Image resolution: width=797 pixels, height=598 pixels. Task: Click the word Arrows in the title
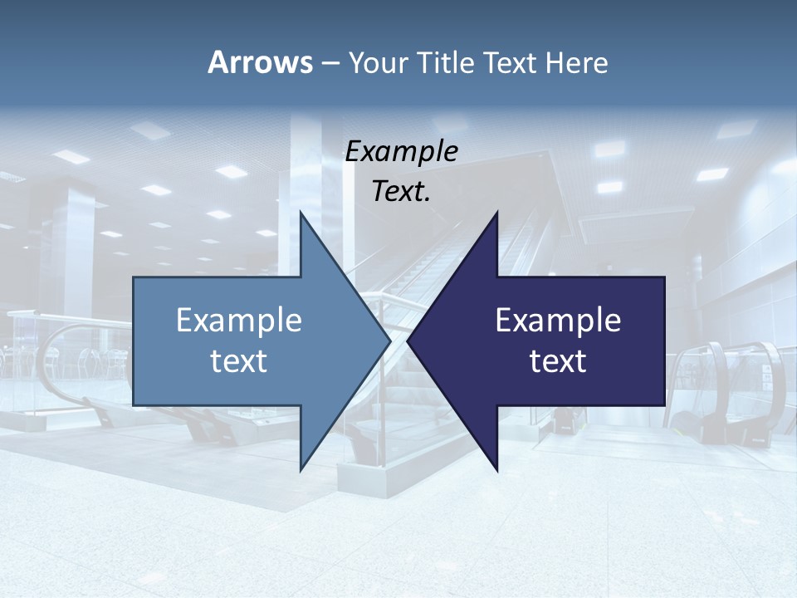coord(260,62)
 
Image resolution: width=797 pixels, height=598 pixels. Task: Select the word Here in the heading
coord(576,62)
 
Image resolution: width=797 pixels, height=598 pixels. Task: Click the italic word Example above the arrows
coord(401,152)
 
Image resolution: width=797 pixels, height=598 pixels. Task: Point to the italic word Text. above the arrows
coord(401,192)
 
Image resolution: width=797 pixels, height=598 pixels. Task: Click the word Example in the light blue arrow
coord(239,321)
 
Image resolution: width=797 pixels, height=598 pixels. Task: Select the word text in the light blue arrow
coord(239,361)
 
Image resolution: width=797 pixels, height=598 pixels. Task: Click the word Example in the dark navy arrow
coord(558,321)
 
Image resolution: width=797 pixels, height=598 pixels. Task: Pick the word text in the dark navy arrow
coord(558,361)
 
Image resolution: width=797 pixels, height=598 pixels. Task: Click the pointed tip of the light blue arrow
coord(389,341)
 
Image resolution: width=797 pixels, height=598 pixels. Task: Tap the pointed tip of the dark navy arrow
coord(408,341)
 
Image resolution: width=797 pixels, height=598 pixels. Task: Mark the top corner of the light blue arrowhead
coord(301,213)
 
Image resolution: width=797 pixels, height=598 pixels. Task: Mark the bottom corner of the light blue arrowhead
coord(301,469)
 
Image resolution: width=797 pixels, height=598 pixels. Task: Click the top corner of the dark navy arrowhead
coord(496,213)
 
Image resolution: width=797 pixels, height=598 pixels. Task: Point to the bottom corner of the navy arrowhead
coord(496,469)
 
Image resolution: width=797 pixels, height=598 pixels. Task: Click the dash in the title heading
coord(330,63)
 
